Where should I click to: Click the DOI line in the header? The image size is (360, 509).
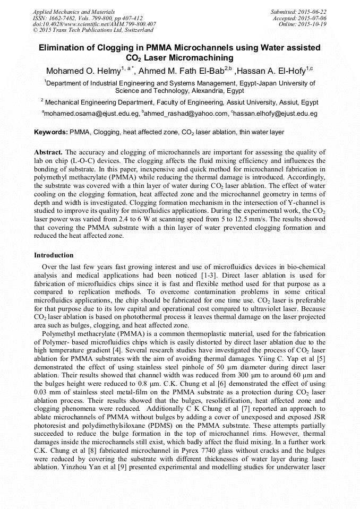tap(94, 24)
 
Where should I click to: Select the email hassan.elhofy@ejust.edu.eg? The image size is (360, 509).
tap(276, 114)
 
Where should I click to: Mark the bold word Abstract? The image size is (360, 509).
tap(48, 151)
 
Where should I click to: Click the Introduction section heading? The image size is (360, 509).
tap(54, 255)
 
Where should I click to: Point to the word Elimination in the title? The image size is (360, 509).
tap(64, 48)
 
